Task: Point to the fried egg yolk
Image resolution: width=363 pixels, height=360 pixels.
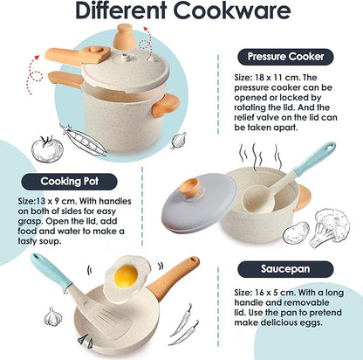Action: pyautogui.click(x=127, y=275)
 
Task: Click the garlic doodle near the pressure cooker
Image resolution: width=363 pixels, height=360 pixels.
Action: pyautogui.click(x=179, y=139)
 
